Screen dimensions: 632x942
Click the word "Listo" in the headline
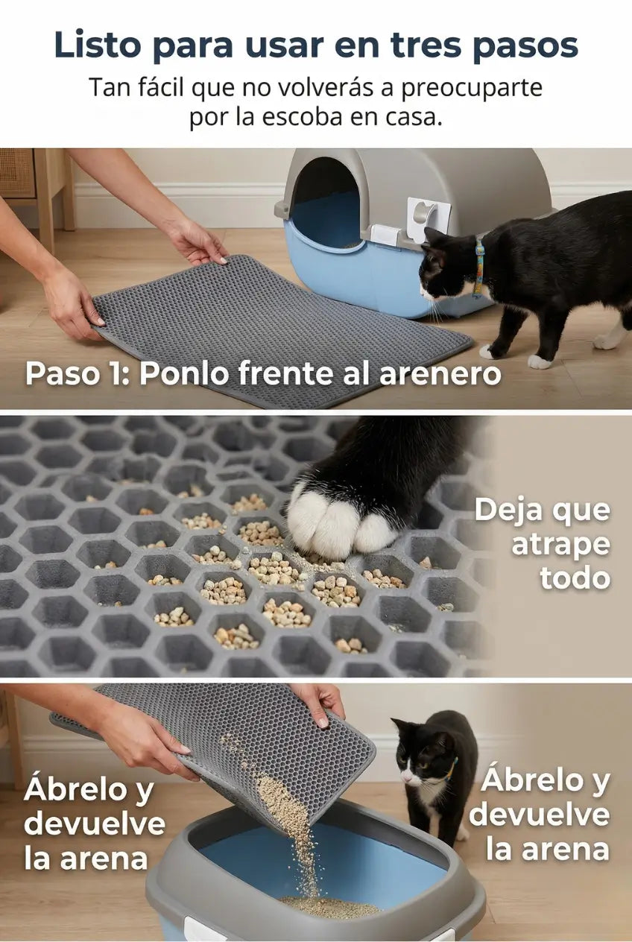[98, 44]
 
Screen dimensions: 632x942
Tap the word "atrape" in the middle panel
[560, 544]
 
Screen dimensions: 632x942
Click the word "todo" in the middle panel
[575, 578]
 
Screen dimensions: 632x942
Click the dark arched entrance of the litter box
[328, 202]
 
